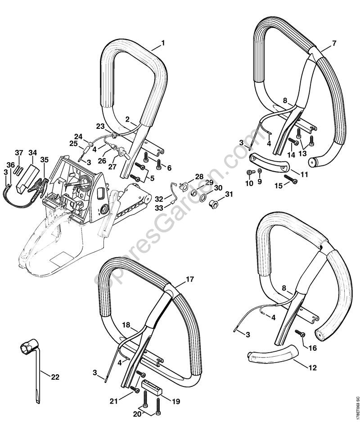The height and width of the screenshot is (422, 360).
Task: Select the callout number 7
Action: [x=334, y=43]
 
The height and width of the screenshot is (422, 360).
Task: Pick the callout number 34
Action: [x=33, y=153]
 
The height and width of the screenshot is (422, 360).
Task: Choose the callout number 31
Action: [x=229, y=194]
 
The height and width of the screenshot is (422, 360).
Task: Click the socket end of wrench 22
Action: [x=25, y=348]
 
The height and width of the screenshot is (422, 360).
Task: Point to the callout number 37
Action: [x=19, y=153]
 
